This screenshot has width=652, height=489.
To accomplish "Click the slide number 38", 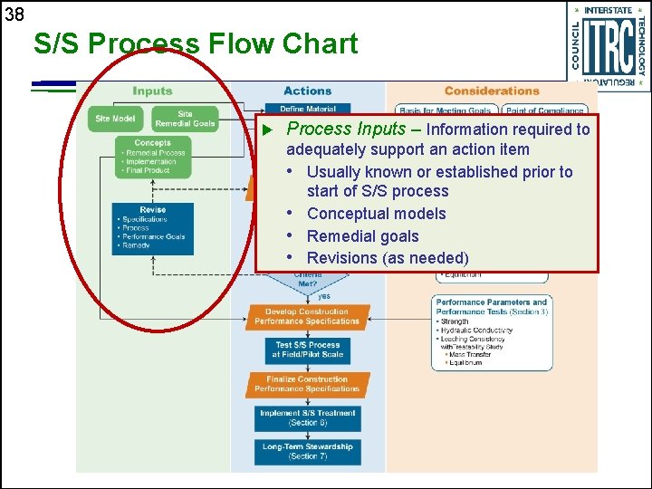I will point(14,14).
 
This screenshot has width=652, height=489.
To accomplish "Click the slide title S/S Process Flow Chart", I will point(195,43).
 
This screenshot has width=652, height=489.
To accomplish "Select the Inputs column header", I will point(152,91).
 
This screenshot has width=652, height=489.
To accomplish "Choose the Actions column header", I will point(307,91).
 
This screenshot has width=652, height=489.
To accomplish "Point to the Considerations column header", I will point(492,91).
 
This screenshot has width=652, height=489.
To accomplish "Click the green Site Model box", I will point(115,119).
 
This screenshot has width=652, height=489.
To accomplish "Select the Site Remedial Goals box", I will point(185,119).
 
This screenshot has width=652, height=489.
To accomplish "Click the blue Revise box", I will point(152,227).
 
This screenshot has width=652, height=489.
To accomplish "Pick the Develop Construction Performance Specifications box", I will point(307,316).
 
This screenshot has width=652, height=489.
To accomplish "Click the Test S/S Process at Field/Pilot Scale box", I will point(307,350).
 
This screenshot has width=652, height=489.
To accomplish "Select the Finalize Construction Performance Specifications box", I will point(307,384).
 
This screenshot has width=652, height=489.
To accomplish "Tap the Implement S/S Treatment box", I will point(307,417).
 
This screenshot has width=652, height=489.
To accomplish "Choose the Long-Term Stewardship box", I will point(307,451).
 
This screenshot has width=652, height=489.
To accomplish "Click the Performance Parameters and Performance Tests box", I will point(492,331).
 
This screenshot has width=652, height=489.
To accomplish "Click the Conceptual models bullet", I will point(376,214).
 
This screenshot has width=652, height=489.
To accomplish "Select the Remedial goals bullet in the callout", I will point(362,236).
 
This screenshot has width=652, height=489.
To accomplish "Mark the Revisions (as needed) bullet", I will point(388,258).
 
